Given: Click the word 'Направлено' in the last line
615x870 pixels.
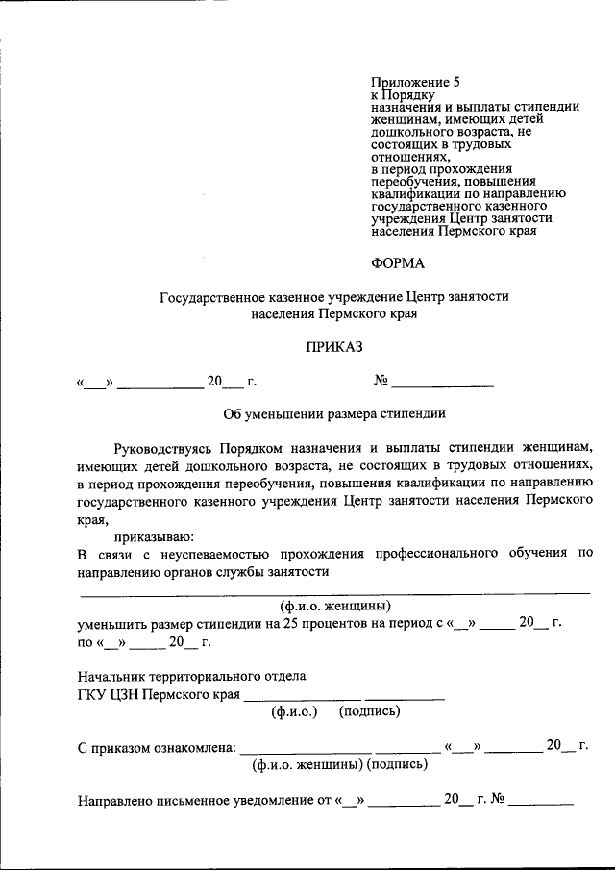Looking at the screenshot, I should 113,799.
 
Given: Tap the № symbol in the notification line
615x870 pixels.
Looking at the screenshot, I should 498,799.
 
